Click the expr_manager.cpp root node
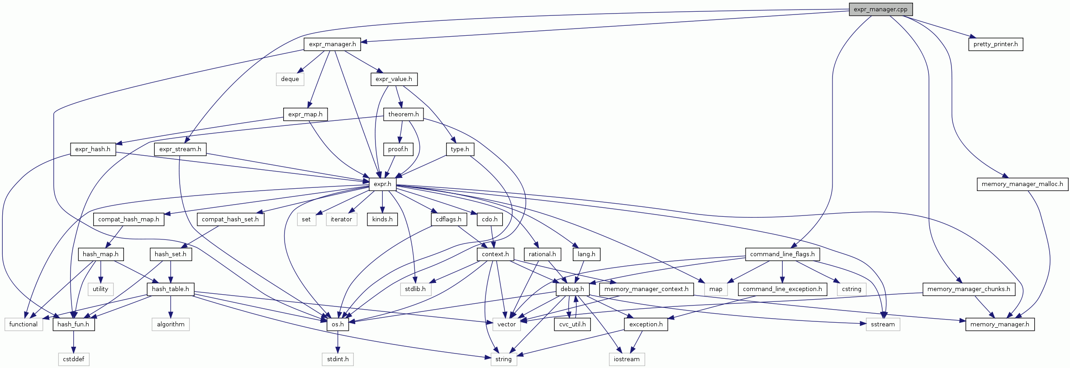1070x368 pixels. tap(880, 9)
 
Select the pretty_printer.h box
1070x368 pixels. tap(995, 44)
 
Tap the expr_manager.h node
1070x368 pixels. tap(332, 44)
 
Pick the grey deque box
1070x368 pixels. tap(290, 79)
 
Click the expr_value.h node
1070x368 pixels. tap(394, 79)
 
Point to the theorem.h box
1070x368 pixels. tap(403, 114)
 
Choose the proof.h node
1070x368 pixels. tap(398, 149)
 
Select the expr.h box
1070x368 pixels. tap(382, 184)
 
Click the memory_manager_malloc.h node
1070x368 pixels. tap(1022, 184)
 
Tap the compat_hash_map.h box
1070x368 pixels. tap(128, 219)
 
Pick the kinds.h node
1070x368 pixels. tap(382, 219)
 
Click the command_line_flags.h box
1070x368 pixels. tap(782, 254)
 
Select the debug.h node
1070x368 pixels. tap(572, 289)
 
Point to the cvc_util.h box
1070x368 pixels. tap(572, 324)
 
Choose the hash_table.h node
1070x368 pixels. tap(171, 289)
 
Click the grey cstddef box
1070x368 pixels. tap(74, 359)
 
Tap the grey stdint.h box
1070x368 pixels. tap(338, 359)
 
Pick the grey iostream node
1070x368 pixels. tap(627, 359)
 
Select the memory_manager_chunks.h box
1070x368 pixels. tap(969, 289)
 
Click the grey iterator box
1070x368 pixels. tap(341, 219)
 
